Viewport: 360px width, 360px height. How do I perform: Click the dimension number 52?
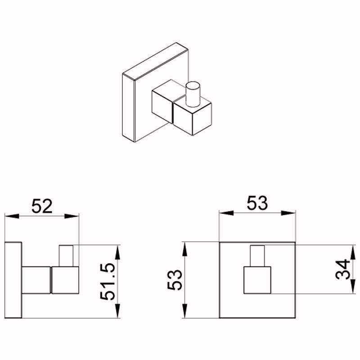pyautogui.click(x=42, y=206)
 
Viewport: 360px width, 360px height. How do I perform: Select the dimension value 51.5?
pyautogui.click(x=108, y=282)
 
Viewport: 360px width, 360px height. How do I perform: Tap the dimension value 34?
pyautogui.click(x=342, y=269)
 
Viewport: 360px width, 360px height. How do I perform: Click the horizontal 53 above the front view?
pyautogui.click(x=257, y=203)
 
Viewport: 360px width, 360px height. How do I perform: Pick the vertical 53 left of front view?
pyautogui.click(x=175, y=280)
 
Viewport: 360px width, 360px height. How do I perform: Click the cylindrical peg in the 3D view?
pyautogui.click(x=193, y=94)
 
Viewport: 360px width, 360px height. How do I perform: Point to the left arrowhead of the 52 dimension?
pyautogui.click(x=12, y=216)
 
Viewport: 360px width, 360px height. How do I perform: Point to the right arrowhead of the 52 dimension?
pyautogui.click(x=72, y=216)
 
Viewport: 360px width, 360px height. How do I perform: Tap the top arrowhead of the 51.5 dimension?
pyautogui.click(x=117, y=252)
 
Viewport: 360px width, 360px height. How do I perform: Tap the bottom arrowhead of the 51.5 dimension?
pyautogui.click(x=117, y=311)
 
